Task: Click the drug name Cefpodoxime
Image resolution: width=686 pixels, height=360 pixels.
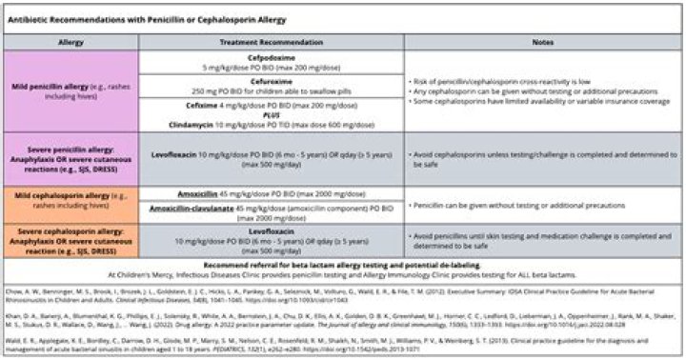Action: coord(272,57)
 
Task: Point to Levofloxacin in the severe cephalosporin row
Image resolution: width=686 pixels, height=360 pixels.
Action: coord(272,230)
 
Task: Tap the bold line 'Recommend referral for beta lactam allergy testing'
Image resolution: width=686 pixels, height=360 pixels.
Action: coord(343,258)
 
